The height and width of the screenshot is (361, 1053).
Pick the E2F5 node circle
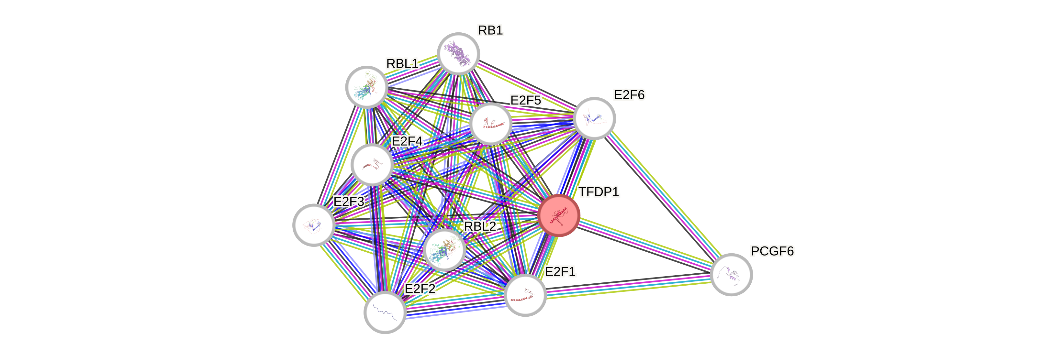pos(490,124)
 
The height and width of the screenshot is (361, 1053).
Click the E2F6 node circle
pos(594,118)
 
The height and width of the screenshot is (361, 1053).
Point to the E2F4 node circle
pos(372,165)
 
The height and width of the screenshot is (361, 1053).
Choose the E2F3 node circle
pos(314,225)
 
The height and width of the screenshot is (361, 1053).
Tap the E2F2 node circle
pos(385,312)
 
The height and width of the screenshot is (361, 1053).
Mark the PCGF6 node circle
pos(731,274)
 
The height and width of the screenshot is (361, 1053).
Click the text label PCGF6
pos(772,251)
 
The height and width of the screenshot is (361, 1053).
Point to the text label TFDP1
pos(599,192)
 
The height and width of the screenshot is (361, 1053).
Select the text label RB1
pos(490,30)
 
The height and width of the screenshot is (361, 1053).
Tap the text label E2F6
pos(629,95)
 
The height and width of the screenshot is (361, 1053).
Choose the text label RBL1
pos(402,64)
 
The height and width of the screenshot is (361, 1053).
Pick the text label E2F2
pos(420,289)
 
